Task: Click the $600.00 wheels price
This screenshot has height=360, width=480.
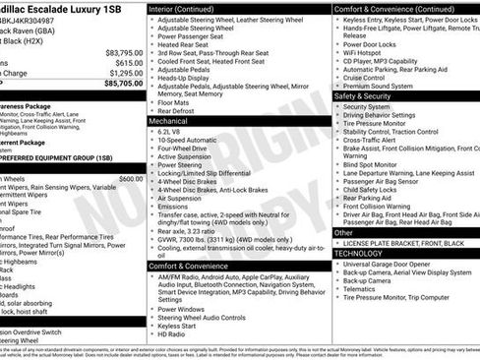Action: coord(131,179)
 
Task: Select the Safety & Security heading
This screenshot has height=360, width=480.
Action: coord(363,96)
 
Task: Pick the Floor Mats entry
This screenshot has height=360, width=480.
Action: coord(174,102)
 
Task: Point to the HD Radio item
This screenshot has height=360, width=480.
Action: coord(172,332)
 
